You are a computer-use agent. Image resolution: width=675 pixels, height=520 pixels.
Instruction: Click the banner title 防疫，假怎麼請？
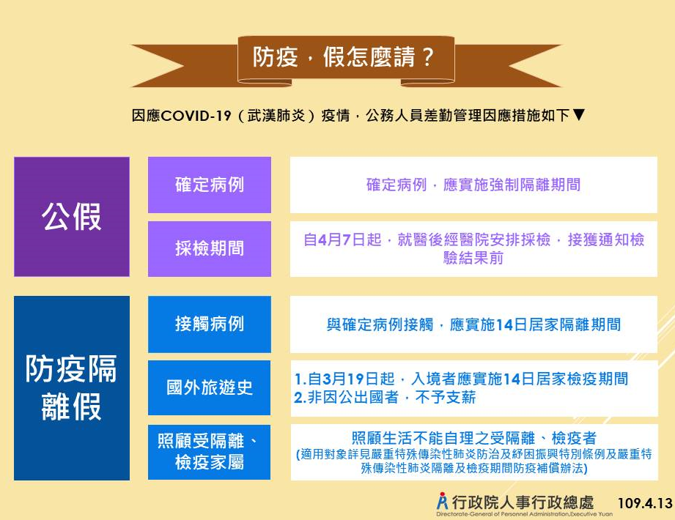click(343, 57)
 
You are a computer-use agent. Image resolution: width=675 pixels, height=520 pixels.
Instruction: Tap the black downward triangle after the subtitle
click(579, 115)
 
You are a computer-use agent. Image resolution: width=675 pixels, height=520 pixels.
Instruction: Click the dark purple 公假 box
click(72, 216)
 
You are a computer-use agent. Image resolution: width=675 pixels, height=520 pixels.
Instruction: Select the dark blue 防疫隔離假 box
click(72, 388)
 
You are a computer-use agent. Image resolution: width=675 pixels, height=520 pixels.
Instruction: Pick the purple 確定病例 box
click(210, 185)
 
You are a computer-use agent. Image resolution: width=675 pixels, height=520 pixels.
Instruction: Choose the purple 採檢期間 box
click(210, 248)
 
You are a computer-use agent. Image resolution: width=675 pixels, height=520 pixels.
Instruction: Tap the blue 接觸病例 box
click(210, 324)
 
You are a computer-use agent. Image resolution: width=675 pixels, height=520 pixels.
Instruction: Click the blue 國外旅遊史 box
click(210, 387)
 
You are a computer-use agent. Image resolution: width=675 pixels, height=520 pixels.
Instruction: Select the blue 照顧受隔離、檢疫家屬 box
click(210, 452)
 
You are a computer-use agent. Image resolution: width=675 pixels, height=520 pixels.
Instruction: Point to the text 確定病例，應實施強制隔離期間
click(473, 185)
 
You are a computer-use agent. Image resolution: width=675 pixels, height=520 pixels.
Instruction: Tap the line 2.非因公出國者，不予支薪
click(386, 398)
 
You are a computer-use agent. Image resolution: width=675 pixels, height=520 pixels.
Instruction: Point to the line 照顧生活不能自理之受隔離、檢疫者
click(474, 438)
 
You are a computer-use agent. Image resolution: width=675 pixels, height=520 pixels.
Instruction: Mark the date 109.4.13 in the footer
click(644, 503)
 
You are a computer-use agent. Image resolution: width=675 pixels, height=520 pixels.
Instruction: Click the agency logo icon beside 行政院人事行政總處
click(442, 501)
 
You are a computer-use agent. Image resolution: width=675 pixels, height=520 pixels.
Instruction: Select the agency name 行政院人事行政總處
click(523, 502)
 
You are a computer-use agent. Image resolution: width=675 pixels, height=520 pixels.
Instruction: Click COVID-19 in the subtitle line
click(196, 115)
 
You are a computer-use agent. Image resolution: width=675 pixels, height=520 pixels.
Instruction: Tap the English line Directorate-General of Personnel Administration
click(524, 514)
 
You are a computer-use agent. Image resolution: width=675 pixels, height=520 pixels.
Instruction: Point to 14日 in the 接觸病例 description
click(512, 324)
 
